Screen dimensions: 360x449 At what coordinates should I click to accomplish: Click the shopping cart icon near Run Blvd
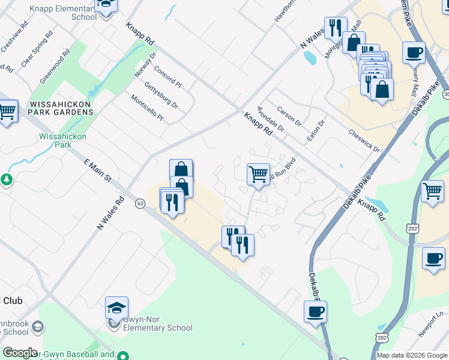[x=258, y=175]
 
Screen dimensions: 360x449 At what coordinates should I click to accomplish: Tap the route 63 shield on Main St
[x=140, y=203]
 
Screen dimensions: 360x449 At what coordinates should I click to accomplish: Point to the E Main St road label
[x=98, y=171]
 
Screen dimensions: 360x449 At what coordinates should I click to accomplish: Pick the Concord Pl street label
[x=167, y=76]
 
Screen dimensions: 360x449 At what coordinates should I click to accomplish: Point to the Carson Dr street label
[x=289, y=116]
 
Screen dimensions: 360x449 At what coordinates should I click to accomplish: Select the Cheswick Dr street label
[x=364, y=140]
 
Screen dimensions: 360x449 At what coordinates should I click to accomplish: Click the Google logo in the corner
[x=20, y=353]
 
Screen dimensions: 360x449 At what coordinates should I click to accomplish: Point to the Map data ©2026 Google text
[x=412, y=355]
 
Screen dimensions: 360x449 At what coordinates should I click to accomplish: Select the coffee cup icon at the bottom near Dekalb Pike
[x=315, y=312]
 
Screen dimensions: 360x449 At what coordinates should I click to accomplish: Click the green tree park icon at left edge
[x=6, y=179]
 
